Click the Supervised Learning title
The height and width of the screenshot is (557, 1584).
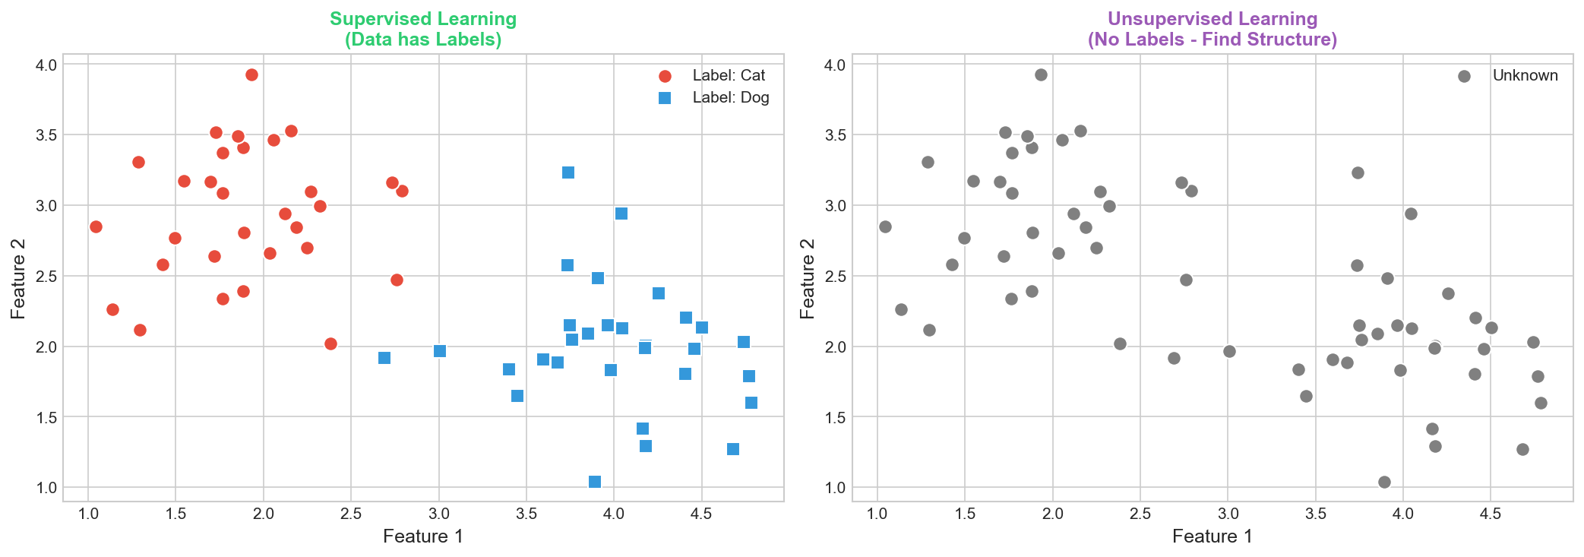pyautogui.click(x=423, y=29)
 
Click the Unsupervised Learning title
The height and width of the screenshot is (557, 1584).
pyautogui.click(x=1212, y=29)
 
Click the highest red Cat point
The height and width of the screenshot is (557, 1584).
pyautogui.click(x=251, y=74)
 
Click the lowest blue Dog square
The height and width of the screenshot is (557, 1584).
pyautogui.click(x=595, y=482)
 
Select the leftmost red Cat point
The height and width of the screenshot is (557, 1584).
pyautogui.click(x=96, y=226)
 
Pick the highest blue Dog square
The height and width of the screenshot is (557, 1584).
pyautogui.click(x=568, y=172)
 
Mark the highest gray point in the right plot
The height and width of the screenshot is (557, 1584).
pyautogui.click(x=1041, y=74)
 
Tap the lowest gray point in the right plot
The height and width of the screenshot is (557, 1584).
pyautogui.click(x=1384, y=482)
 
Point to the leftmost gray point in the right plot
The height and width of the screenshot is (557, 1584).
pyautogui.click(x=885, y=226)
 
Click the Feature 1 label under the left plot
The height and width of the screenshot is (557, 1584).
pyautogui.click(x=423, y=536)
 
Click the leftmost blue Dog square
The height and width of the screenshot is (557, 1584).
pyautogui.click(x=384, y=358)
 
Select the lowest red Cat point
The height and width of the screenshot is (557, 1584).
pyautogui.click(x=330, y=343)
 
